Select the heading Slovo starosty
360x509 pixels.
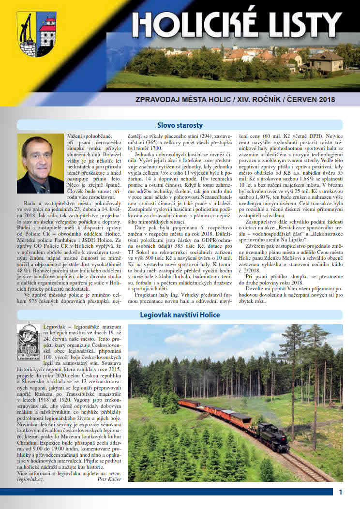(x=180, y=125)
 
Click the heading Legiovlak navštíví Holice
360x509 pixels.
(x=180, y=314)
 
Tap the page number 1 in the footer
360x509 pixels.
(x=341, y=493)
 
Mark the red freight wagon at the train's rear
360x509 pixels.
(x=189, y=403)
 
